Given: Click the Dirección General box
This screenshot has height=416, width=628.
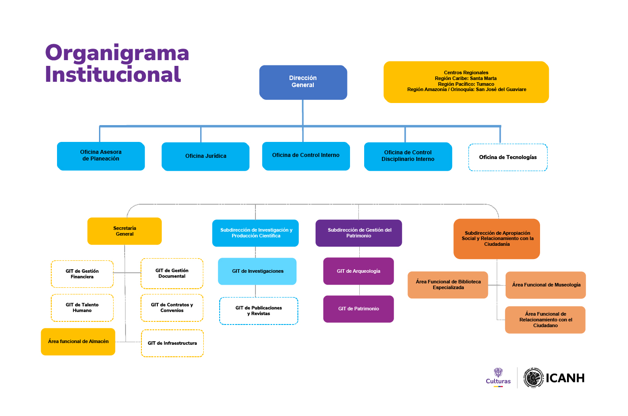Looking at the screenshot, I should (x=303, y=82).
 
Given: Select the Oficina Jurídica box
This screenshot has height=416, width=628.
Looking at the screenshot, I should (x=206, y=156).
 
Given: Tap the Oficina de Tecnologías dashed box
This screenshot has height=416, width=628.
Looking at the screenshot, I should (x=508, y=157).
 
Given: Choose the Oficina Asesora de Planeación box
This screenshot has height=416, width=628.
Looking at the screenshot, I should (x=101, y=156).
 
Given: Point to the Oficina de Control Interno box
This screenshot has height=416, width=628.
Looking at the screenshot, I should (x=306, y=156).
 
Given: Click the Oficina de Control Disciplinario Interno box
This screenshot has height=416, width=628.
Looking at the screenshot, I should (x=408, y=156).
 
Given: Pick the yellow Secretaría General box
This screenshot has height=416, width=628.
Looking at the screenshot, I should (x=125, y=231).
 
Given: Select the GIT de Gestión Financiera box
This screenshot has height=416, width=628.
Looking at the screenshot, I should (x=82, y=274).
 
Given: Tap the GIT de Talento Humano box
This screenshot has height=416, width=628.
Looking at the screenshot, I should (x=82, y=308).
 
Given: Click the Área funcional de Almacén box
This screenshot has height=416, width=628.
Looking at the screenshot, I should (x=78, y=342).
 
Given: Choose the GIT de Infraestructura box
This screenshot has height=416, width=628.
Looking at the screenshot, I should (x=172, y=343).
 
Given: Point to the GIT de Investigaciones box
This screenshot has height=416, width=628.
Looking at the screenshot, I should (x=257, y=271).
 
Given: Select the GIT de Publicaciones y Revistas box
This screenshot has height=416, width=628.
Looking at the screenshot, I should (x=259, y=311).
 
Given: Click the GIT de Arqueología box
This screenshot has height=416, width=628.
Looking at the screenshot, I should (x=358, y=271).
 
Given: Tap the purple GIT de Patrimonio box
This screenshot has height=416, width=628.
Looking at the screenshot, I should (x=358, y=309).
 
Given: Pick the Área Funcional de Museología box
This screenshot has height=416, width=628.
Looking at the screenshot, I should (x=546, y=285).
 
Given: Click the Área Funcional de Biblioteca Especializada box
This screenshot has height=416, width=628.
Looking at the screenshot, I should (x=448, y=285).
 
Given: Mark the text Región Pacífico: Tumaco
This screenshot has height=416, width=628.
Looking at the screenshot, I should (x=466, y=84).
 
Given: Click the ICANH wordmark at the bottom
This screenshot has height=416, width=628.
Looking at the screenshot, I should (x=565, y=378).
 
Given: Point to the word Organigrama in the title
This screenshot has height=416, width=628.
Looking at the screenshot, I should (x=117, y=53).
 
